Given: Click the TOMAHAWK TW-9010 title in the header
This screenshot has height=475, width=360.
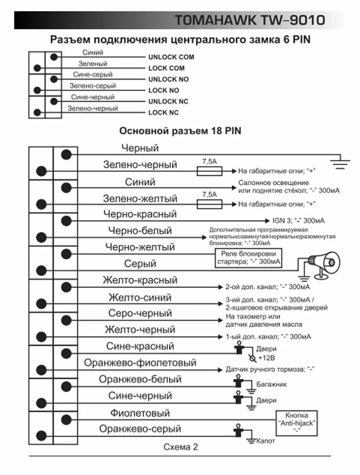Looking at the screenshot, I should coord(250,20).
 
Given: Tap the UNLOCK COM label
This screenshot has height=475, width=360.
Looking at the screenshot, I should coord(171,57).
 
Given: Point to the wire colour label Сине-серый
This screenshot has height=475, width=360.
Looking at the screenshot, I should coord(93,75).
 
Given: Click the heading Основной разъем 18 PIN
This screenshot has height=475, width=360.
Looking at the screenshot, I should coord(180,131).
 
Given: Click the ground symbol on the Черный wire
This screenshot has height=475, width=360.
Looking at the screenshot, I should coord(340,161).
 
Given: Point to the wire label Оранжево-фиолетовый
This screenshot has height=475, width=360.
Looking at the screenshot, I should coord(140,363).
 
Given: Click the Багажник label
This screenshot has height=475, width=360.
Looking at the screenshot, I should coord(271,385).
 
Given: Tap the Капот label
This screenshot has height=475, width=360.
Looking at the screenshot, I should coord(266,441).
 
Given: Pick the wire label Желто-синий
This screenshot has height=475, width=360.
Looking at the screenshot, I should coord(140,297).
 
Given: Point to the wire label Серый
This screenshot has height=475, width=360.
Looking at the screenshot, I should coord(140,264).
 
